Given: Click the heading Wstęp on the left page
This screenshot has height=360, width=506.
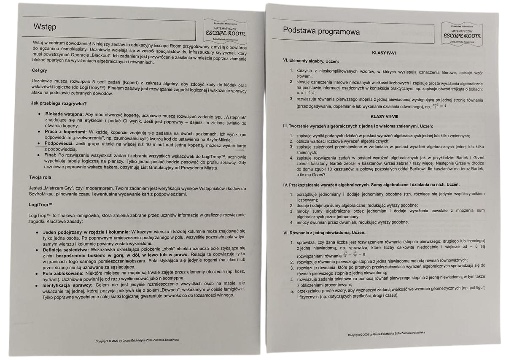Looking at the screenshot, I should tap(45, 27).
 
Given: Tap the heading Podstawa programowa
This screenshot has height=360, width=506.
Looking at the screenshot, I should tap(321, 32).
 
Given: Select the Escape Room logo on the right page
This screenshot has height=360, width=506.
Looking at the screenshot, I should tap(462, 33).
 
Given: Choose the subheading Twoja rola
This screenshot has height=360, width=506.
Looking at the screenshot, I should tap(41, 177).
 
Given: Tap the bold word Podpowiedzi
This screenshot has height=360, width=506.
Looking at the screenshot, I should tap(59, 143).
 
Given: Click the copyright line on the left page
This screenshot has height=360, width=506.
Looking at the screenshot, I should tap(139, 340).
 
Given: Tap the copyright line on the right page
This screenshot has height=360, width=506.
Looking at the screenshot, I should tap(386, 334).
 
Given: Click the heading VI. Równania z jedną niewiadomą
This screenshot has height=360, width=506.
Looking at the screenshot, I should tap(324, 233).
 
